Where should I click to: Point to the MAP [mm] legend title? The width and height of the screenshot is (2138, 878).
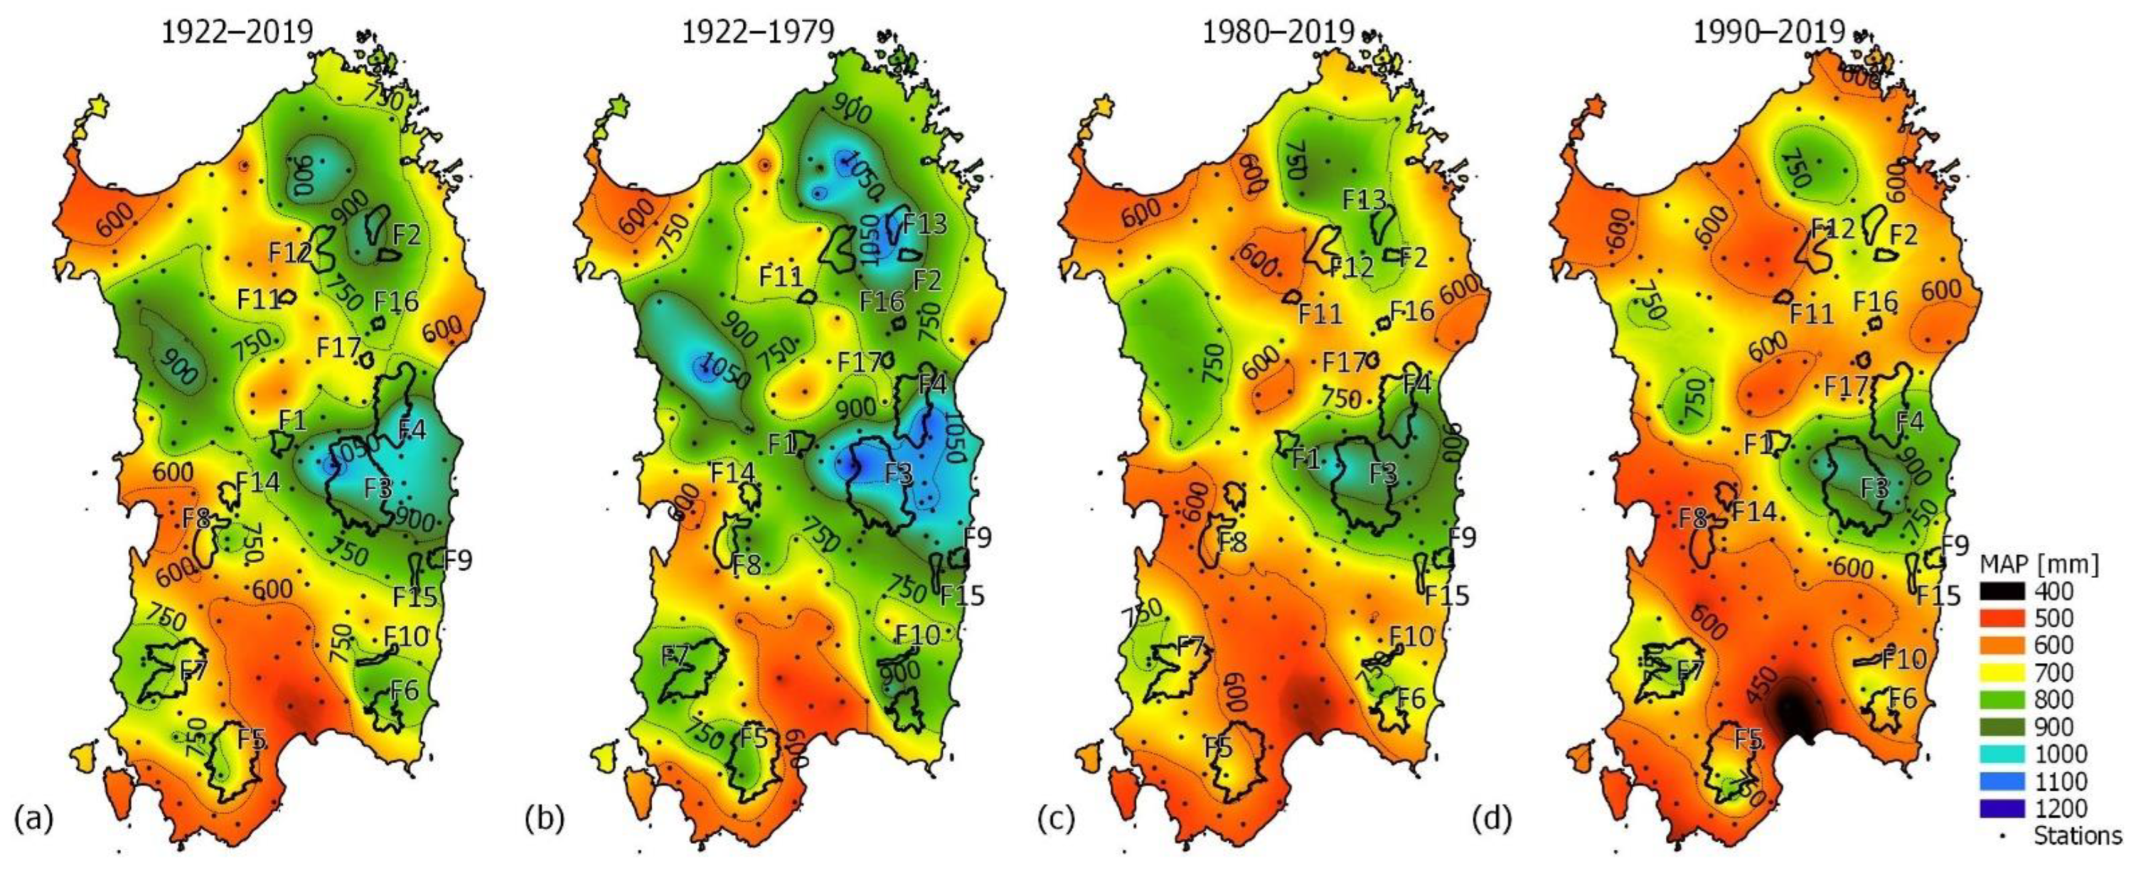tap(2038, 564)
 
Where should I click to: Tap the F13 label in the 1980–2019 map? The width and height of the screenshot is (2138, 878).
tap(1364, 200)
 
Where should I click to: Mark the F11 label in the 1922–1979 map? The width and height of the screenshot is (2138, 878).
tap(782, 275)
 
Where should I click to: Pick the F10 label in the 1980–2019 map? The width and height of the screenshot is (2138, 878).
tap(1412, 636)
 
